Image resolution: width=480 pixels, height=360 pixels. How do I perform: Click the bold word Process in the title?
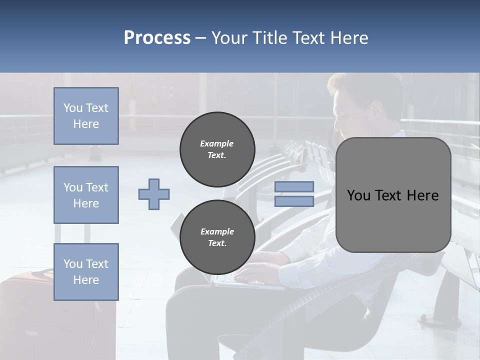coord(157,38)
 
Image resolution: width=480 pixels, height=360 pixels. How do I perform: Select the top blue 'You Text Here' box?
coord(86,116)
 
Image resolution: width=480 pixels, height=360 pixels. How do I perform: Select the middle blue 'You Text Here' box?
coord(86,195)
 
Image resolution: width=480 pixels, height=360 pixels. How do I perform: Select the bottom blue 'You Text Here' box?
coord(86,272)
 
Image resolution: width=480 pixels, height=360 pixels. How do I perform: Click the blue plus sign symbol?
coord(154,194)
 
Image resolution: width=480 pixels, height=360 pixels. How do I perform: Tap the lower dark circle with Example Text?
coord(217,237)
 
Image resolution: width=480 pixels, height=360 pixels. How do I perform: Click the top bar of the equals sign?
coord(294,186)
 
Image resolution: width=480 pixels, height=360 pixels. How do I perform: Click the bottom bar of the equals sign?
coord(294,201)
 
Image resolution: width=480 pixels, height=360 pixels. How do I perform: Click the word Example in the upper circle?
coord(216,143)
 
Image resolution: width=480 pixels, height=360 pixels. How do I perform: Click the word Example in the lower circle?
coord(217,231)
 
